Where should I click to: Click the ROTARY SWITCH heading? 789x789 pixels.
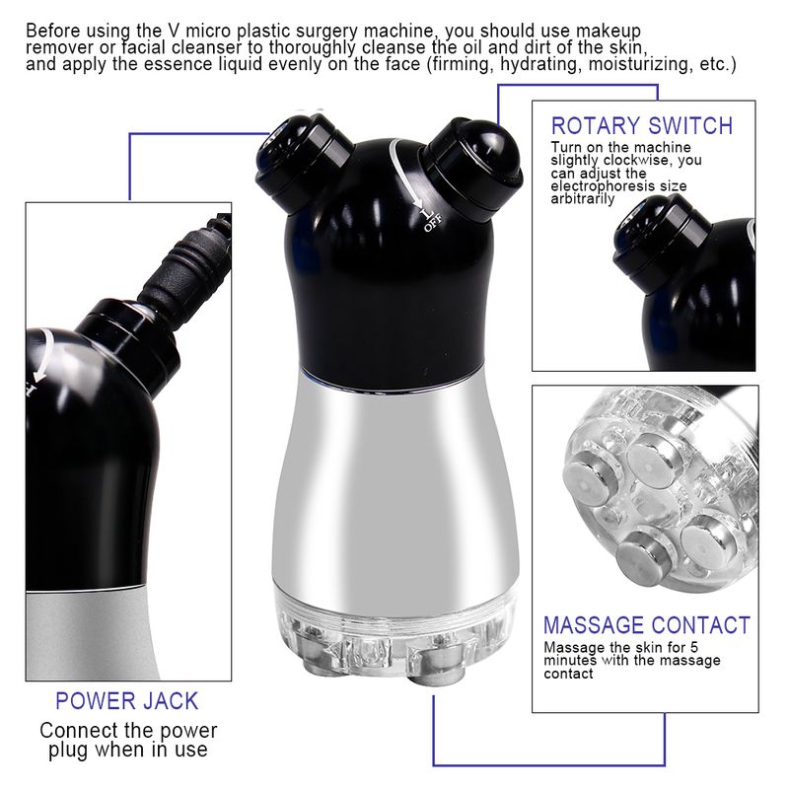point(642,126)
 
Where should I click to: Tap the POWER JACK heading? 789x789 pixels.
point(127,701)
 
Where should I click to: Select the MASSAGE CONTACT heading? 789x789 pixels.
point(647,625)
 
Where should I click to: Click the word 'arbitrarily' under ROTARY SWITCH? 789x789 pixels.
point(583,199)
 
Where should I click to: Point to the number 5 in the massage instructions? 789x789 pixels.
point(694,647)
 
